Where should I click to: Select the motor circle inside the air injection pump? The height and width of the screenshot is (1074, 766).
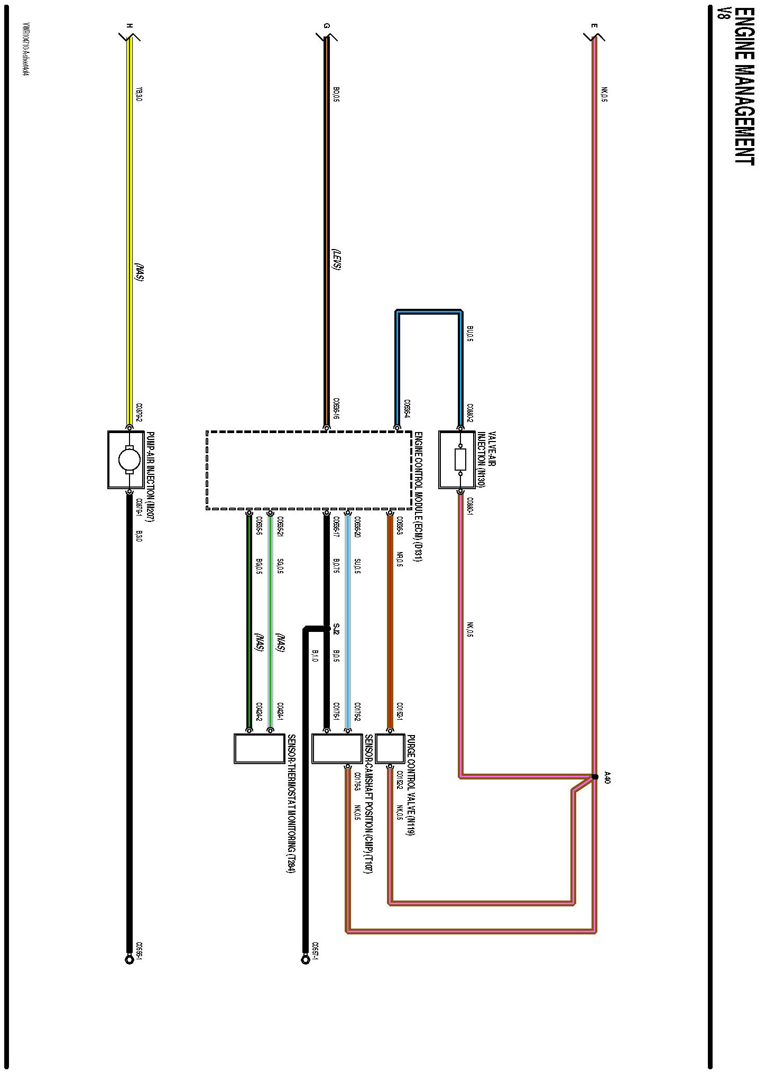[x=129, y=459]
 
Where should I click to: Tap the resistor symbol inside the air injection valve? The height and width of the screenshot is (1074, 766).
[x=460, y=460]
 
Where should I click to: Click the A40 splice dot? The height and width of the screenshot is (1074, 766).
[x=595, y=777]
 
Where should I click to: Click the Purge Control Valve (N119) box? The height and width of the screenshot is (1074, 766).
[x=390, y=748]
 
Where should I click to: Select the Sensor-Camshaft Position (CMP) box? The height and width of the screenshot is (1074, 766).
[x=337, y=748]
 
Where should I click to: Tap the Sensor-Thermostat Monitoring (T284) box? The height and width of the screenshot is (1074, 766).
[x=260, y=748]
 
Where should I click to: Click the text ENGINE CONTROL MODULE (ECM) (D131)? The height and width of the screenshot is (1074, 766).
[x=418, y=497]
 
